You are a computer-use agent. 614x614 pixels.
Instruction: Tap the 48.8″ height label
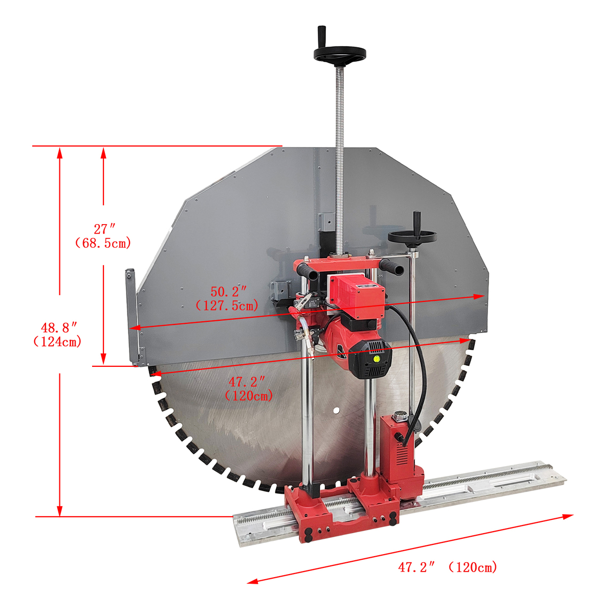tap(59, 327)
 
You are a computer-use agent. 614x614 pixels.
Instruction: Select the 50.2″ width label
tap(228, 292)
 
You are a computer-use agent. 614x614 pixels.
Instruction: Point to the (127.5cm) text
tap(227, 306)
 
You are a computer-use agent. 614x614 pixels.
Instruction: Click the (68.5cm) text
tap(103, 243)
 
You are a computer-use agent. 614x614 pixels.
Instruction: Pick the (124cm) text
tap(57, 342)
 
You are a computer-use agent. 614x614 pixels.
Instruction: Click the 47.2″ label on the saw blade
tap(247, 382)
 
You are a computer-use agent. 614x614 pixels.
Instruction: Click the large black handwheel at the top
tap(340, 54)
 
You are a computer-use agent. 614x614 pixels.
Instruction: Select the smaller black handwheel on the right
tap(412, 237)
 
